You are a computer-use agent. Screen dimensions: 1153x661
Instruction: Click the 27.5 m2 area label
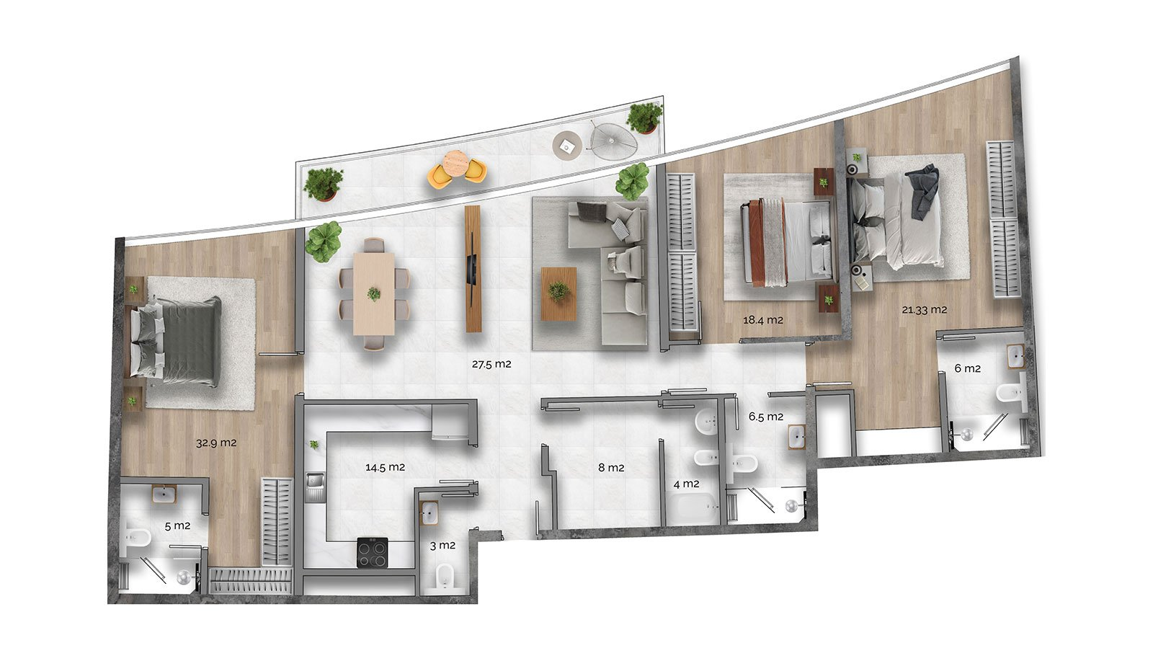[491, 364]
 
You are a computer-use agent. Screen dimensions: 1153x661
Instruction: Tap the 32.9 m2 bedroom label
[216, 443]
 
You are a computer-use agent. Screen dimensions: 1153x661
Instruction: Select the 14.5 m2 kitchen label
[385, 467]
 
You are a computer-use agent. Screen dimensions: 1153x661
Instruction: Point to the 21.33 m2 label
[924, 310]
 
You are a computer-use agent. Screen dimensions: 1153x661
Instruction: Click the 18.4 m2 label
[763, 320]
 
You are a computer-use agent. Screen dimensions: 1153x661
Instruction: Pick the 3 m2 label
[442, 545]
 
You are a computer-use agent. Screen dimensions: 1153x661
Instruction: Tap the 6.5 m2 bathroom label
[765, 417]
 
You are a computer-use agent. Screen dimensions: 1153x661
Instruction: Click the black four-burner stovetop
[373, 552]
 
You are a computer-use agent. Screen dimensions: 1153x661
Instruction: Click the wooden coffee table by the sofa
[558, 294]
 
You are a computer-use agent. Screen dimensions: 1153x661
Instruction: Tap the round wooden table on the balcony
[455, 163]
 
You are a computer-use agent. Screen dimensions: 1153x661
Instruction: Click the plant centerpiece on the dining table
[374, 294]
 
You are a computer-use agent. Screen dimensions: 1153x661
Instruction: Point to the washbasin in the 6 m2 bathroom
[1015, 356]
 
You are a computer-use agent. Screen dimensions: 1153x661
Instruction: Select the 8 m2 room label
[611, 468]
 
